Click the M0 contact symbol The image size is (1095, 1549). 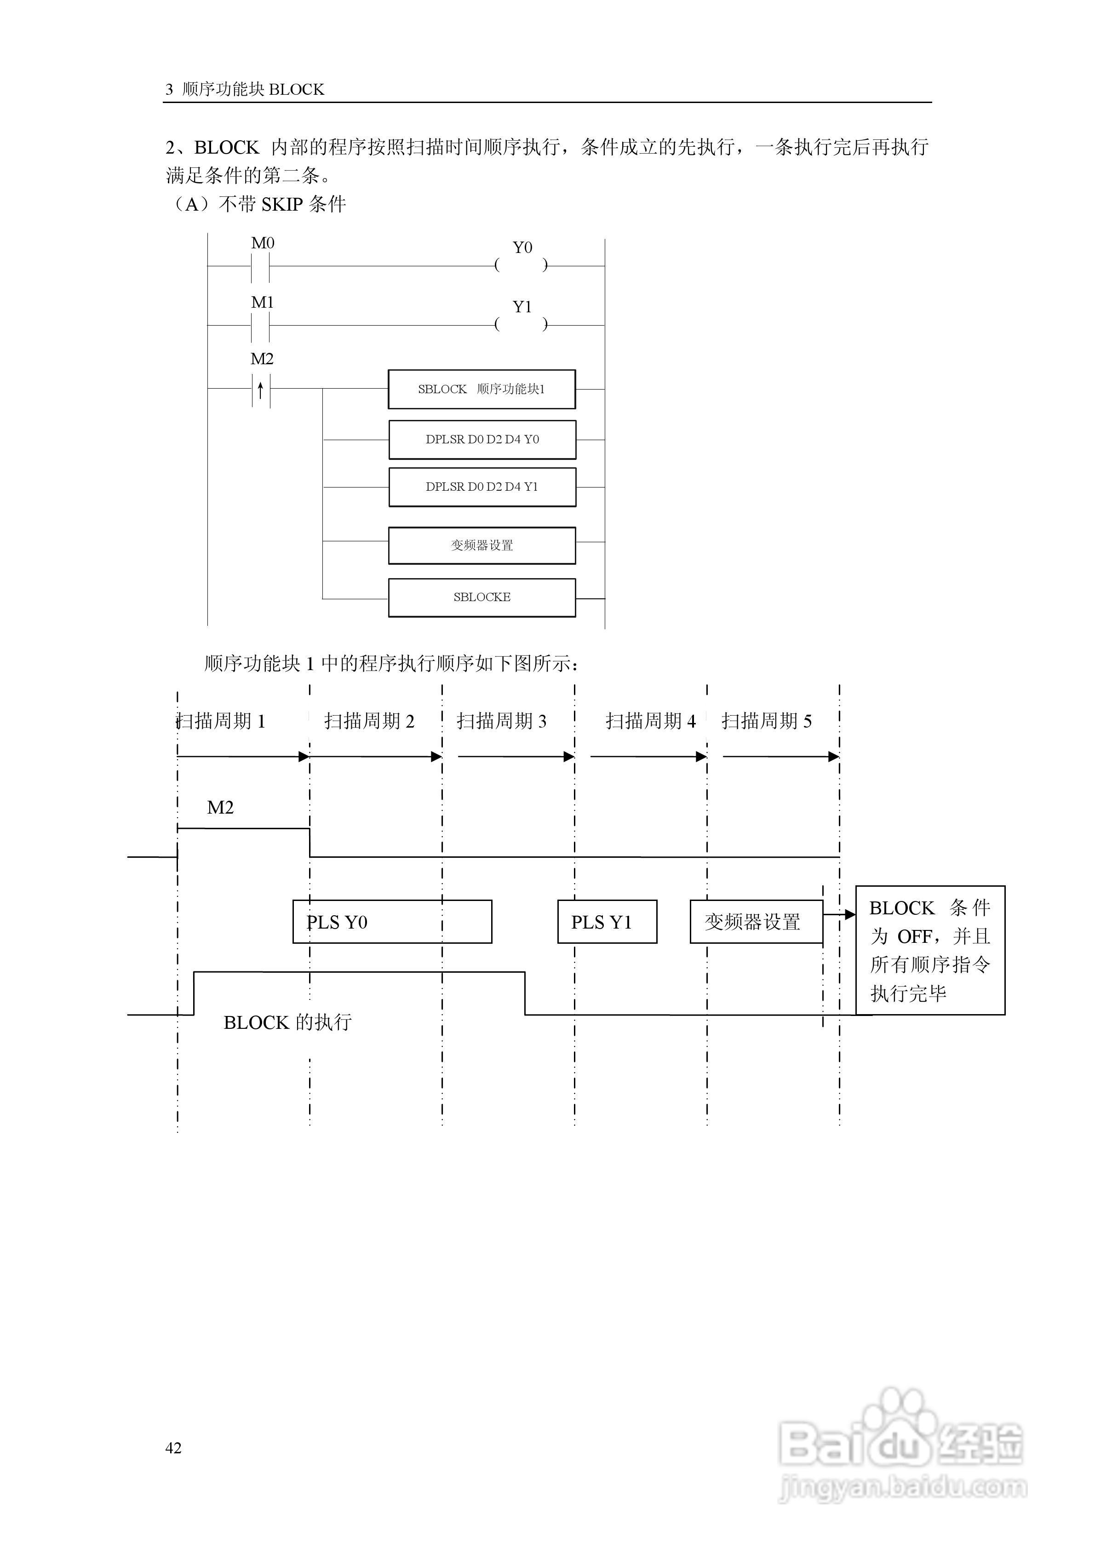click(260, 266)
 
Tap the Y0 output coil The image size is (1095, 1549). click(522, 265)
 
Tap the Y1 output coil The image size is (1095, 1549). click(522, 325)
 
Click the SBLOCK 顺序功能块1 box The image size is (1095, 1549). click(482, 389)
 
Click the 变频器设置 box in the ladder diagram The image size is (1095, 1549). click(482, 545)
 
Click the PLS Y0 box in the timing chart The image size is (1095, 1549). click(392, 922)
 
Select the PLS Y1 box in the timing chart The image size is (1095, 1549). click(607, 922)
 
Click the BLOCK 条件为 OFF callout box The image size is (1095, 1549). click(930, 950)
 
